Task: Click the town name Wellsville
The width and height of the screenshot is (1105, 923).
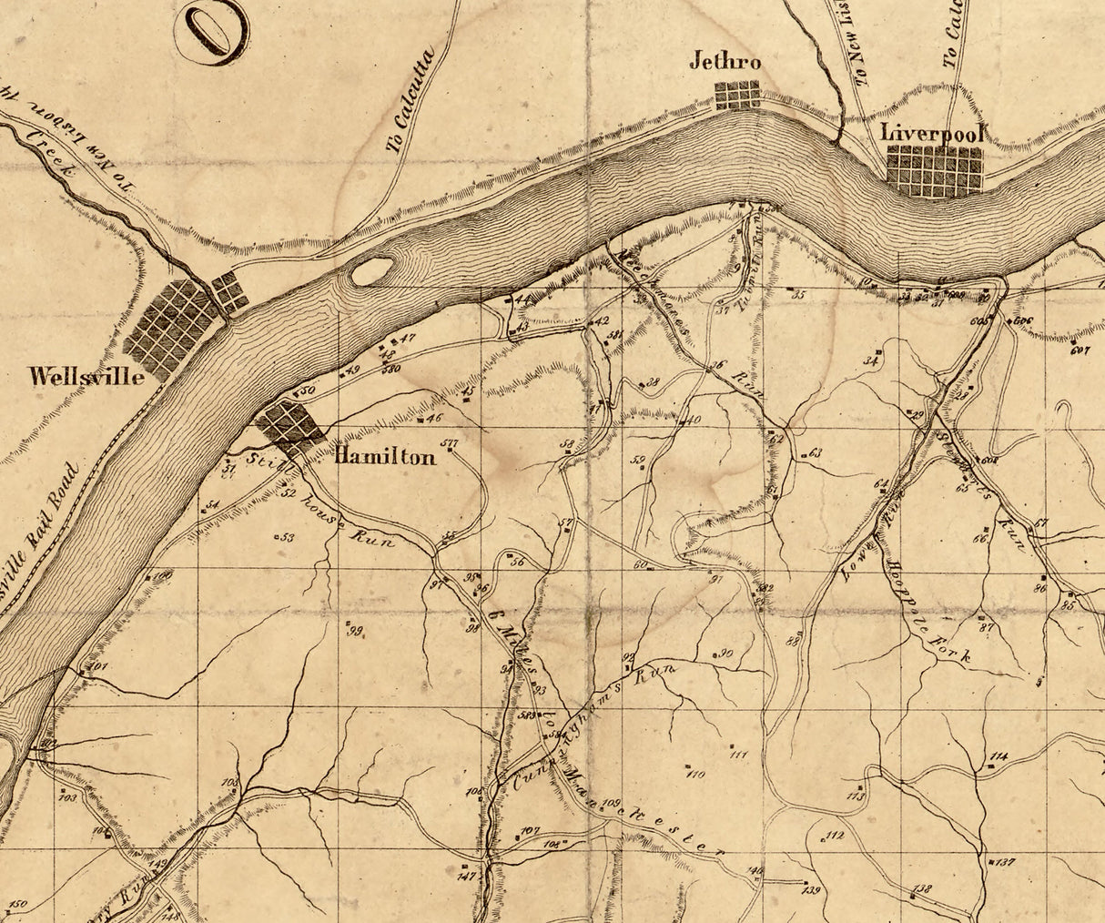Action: [x=86, y=376]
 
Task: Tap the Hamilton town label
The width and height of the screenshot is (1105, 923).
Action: [x=385, y=457]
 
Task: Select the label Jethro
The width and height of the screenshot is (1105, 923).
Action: [x=725, y=62]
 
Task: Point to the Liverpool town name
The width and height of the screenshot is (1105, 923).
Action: [x=934, y=133]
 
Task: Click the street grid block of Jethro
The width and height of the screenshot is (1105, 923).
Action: [x=737, y=95]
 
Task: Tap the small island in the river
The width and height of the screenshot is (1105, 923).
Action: [x=371, y=270]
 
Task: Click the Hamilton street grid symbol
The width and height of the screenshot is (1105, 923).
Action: [x=289, y=425]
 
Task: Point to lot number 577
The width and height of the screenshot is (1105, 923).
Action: [x=449, y=443]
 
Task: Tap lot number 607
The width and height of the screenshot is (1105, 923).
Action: [x=1080, y=350]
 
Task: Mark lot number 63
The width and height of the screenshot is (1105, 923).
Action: [x=815, y=452]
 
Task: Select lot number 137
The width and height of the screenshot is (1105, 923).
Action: [x=1005, y=861]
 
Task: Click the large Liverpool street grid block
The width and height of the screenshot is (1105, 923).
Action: [x=935, y=170]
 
